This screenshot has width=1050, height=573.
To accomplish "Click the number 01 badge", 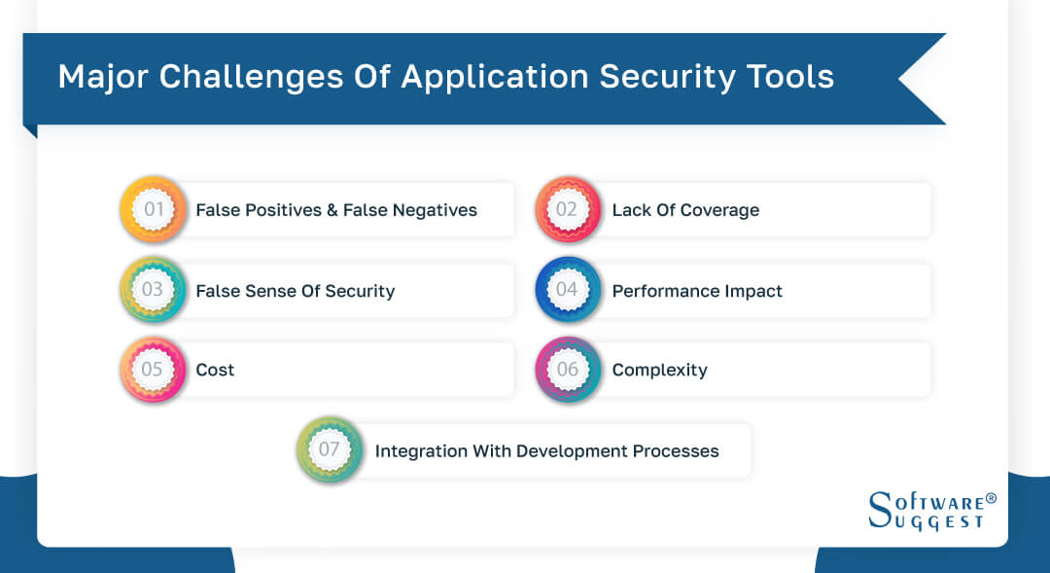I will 154,209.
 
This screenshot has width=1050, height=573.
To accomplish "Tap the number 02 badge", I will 567,209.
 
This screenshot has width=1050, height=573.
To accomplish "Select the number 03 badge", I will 154,290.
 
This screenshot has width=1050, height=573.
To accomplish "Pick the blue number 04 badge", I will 567,290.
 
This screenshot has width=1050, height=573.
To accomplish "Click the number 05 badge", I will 154,370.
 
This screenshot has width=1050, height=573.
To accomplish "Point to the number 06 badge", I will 567,370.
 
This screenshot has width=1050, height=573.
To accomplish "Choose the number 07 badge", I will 330,450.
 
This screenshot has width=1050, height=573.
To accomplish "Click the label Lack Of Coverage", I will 685,210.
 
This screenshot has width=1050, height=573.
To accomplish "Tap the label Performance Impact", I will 697,291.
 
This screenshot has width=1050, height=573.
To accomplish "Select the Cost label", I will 215,371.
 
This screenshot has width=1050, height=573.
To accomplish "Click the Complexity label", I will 659,371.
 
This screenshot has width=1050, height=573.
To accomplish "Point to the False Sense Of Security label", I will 296,291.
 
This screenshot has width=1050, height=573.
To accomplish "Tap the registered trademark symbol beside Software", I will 991,498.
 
